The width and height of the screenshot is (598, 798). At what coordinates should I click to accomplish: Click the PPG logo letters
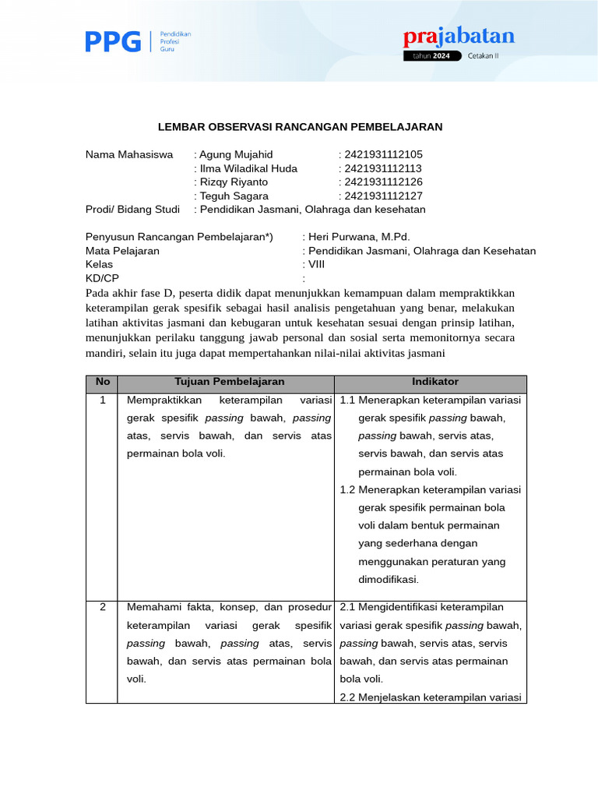pyautogui.click(x=113, y=41)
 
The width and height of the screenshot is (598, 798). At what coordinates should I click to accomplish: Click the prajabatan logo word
pyautogui.click(x=459, y=37)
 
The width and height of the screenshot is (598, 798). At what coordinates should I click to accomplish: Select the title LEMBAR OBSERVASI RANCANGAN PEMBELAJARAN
pyautogui.click(x=300, y=126)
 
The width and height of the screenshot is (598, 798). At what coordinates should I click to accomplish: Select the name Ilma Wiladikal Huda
pyautogui.click(x=248, y=168)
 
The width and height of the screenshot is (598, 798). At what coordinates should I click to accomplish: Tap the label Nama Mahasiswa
pyautogui.click(x=129, y=154)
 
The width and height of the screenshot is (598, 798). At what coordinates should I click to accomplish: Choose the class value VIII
pyautogui.click(x=317, y=265)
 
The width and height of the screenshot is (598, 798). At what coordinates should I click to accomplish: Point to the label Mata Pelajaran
pyautogui.click(x=122, y=251)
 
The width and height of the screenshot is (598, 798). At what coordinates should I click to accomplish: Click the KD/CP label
pyautogui.click(x=102, y=279)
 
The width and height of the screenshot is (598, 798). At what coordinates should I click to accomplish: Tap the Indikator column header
pyautogui.click(x=435, y=382)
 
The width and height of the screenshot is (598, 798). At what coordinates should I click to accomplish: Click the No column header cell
pyautogui.click(x=102, y=382)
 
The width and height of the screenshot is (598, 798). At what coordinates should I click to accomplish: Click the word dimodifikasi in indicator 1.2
pyautogui.click(x=389, y=579)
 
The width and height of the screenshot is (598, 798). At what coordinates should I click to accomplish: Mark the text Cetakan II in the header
pyautogui.click(x=487, y=56)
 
